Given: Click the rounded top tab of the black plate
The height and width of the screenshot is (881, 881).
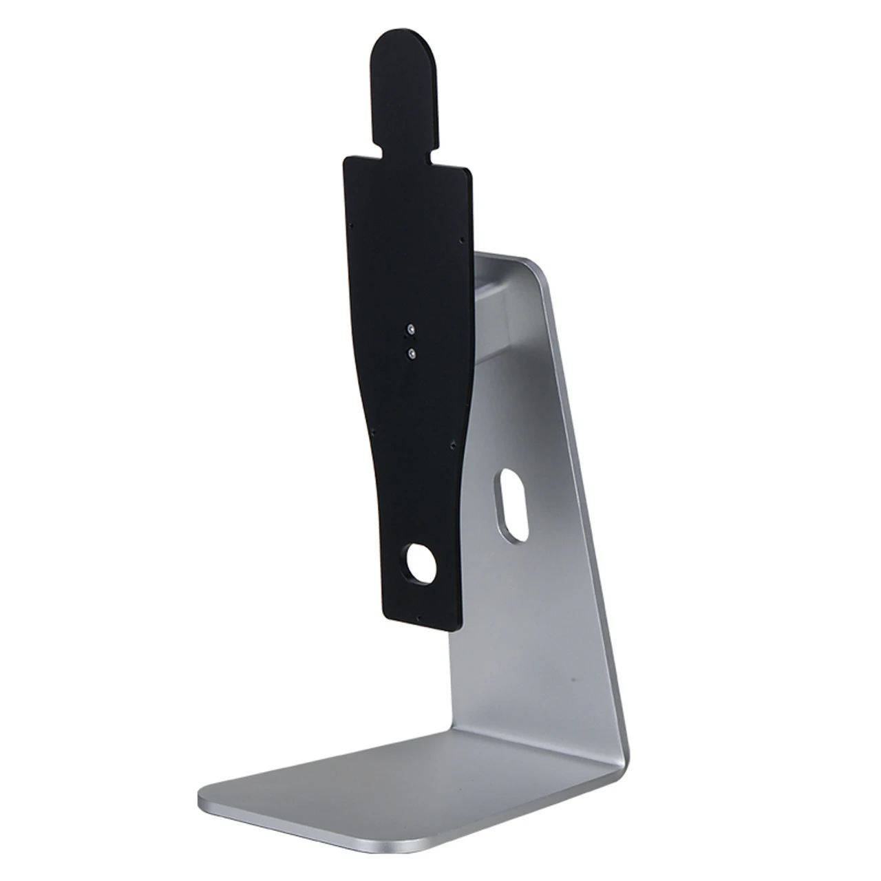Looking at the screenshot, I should click(x=407, y=76).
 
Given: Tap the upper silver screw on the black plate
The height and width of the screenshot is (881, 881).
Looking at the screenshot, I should click(x=411, y=329).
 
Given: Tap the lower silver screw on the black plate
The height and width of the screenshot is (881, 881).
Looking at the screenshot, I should click(x=412, y=353).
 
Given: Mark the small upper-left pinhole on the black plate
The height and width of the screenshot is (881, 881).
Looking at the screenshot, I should click(x=352, y=224).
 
